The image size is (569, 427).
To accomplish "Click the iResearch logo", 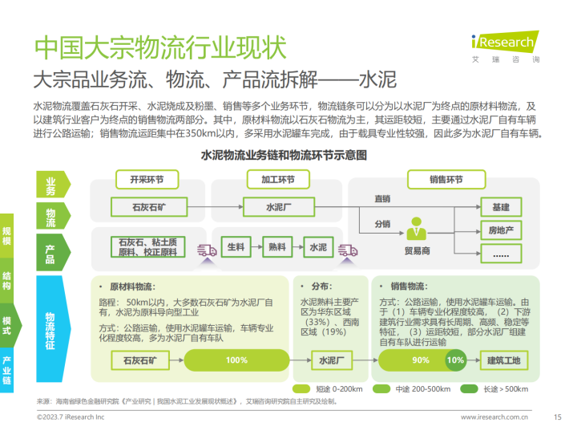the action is [505, 47].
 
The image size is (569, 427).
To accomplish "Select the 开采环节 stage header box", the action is [147, 180].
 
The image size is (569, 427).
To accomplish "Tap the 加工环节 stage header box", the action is [278, 180].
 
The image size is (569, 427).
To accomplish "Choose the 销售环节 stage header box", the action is [446, 180].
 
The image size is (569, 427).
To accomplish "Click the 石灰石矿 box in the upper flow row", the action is [149, 207].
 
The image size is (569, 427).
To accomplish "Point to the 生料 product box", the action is [236, 247].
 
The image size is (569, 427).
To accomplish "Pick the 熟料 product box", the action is [277, 247].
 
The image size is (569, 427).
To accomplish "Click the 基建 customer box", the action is [501, 207].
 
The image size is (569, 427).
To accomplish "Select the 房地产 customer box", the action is [501, 230].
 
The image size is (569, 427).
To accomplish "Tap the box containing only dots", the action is [501, 254].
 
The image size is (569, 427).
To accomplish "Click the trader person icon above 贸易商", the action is [416, 229].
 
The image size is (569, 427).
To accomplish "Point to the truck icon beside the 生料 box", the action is [207, 250].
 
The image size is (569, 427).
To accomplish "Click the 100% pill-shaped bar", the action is [236, 360].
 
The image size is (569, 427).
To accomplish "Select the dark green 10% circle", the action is [455, 360].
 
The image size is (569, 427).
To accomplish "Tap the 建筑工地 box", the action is [503, 360].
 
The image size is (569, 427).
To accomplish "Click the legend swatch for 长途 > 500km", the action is [469, 389].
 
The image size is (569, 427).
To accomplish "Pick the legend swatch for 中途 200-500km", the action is [381, 389].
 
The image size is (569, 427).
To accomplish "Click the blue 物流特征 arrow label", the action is [52, 329].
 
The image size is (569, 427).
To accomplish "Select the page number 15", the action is [558, 417].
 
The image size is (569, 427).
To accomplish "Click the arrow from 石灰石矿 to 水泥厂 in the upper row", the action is [216, 207].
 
